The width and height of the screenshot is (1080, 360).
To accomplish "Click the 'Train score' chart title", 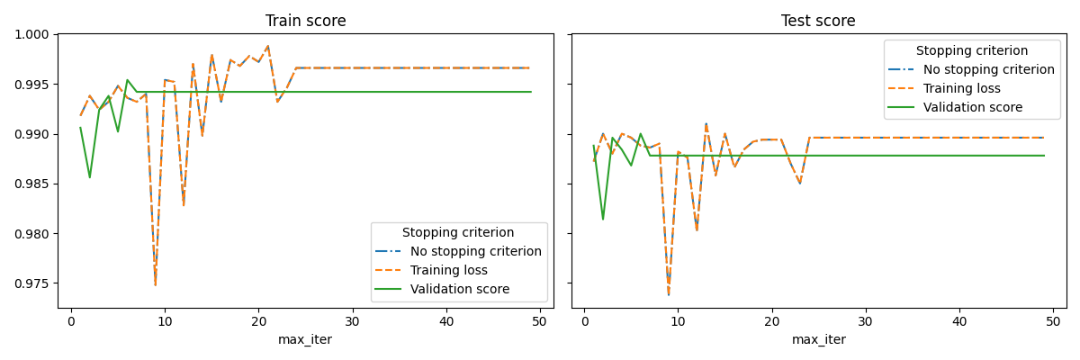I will click(x=305, y=21).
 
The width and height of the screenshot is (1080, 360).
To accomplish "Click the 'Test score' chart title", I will click(x=818, y=21).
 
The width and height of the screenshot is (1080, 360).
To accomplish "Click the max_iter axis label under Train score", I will click(x=305, y=339).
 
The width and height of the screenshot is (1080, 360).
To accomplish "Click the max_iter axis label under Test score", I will click(x=818, y=339).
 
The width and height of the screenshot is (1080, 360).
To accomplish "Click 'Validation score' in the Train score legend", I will click(x=460, y=289).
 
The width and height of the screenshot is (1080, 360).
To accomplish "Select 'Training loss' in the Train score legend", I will click(x=449, y=270).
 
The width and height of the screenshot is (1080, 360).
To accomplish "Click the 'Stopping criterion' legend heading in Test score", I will click(x=972, y=51).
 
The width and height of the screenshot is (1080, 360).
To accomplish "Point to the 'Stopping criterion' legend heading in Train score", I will click(x=458, y=233).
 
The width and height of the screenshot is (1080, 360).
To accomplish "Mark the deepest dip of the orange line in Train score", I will click(x=155, y=285).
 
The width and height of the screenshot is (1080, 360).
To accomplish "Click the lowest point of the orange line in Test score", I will click(x=669, y=294).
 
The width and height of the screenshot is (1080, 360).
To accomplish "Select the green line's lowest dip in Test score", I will click(x=603, y=219).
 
